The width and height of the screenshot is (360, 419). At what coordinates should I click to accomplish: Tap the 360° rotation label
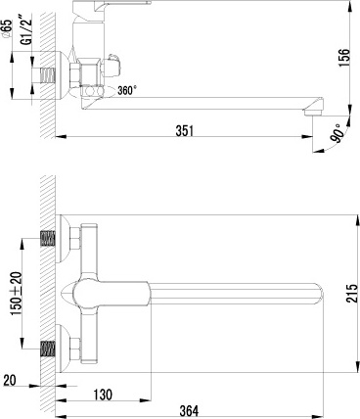(127, 89)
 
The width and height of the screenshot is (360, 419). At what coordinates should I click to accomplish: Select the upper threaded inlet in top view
(47, 238)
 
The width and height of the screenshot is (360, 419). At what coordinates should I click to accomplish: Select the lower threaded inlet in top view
(47, 348)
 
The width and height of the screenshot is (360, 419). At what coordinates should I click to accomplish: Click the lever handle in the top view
(108, 292)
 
